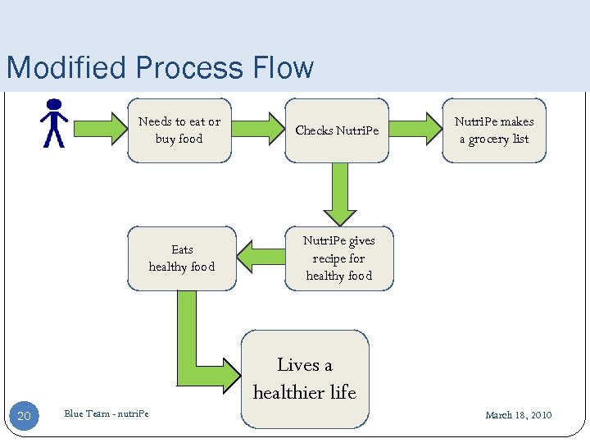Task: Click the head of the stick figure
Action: coord(54,104)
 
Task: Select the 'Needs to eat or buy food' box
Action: coord(179,130)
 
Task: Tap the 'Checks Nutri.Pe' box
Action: coord(337,130)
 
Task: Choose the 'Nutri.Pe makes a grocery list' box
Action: coord(494,130)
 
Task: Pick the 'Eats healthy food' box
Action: coord(182,258)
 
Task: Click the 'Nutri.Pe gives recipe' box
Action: coord(338,258)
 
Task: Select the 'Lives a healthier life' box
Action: coord(305,379)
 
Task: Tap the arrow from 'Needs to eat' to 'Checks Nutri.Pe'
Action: coord(259,130)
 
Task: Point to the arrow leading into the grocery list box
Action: coord(416,130)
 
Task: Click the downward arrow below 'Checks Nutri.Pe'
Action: coord(338,194)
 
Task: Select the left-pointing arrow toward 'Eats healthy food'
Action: coord(261,258)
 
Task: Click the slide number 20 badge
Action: coord(24,416)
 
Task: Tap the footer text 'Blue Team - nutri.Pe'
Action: coord(107,413)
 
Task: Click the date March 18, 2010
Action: coord(518,415)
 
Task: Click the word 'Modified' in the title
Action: coord(61,67)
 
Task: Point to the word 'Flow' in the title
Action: coord(282,67)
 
